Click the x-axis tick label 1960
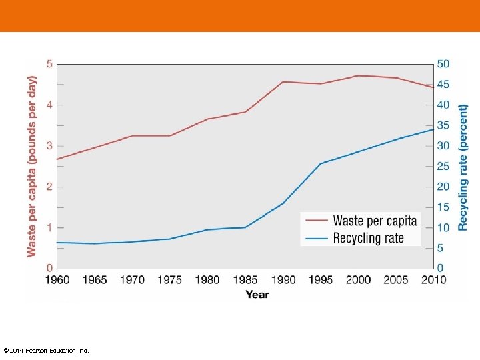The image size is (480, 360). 57,280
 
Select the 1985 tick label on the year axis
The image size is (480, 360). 245,280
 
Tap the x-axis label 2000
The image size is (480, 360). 358,280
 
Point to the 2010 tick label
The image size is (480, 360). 433,280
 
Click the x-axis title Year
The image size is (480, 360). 257,294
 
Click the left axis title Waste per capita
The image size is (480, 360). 32,165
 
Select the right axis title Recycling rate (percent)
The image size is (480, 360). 463,167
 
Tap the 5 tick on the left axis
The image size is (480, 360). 49,64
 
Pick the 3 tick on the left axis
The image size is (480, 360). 49,146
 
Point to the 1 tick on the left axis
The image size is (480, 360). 49,228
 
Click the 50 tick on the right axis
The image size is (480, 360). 443,64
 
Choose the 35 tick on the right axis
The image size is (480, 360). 443,125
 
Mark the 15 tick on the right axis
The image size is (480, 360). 443,207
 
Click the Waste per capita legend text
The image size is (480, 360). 375,221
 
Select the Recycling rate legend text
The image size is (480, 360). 368,238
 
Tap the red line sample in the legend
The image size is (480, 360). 316,221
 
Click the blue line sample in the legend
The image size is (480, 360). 316,238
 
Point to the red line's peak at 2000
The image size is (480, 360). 358,75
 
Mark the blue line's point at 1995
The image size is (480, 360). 321,163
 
